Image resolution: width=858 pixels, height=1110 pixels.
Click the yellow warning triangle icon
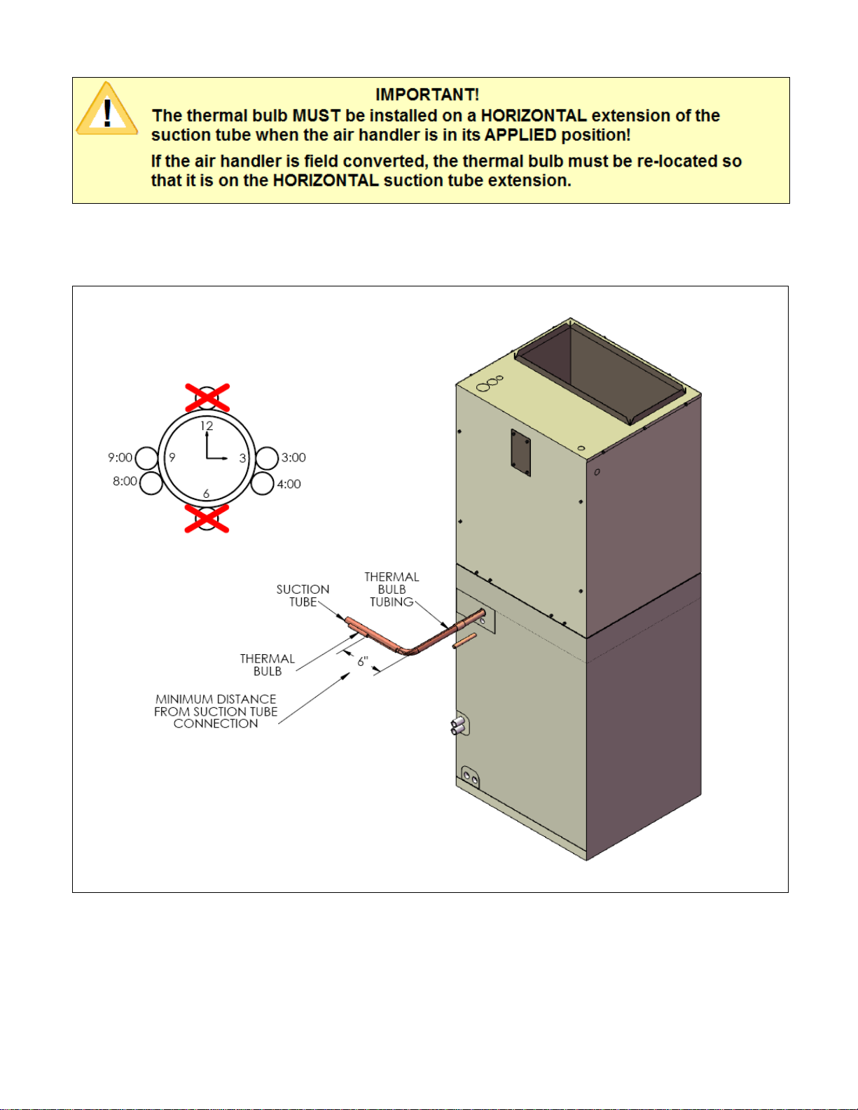click(x=106, y=111)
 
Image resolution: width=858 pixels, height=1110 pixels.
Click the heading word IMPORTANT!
click(x=427, y=95)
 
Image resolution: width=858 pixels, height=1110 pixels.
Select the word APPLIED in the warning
click(x=520, y=135)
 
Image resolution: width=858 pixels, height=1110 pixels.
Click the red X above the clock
click(x=207, y=397)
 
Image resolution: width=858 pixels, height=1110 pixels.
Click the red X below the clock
click(x=207, y=518)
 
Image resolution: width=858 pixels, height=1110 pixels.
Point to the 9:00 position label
click(x=120, y=457)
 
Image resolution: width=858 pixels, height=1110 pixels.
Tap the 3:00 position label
click(x=293, y=457)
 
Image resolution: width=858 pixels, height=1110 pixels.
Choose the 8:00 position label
click(x=125, y=481)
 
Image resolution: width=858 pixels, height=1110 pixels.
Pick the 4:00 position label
click(x=289, y=484)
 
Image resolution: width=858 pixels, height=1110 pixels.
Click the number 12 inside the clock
click(x=206, y=426)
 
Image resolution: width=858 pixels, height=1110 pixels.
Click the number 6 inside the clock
click(x=206, y=494)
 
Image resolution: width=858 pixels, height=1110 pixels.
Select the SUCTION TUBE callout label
click(x=303, y=596)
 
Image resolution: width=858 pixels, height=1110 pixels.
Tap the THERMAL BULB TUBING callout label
click(x=392, y=590)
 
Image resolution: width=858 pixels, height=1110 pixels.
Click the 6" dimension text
click(x=363, y=662)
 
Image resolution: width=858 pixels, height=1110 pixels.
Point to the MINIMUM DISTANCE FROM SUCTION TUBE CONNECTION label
click(x=216, y=712)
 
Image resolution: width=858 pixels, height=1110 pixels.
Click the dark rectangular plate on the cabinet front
click(x=520, y=452)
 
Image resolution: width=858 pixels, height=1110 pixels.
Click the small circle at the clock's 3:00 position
click(x=267, y=459)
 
